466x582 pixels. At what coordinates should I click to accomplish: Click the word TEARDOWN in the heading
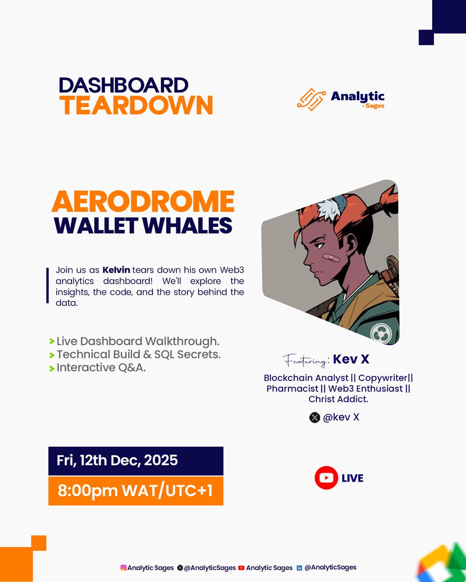tap(136, 105)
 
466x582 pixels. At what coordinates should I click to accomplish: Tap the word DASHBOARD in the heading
tap(123, 85)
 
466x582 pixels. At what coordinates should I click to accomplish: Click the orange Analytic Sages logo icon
tap(311, 99)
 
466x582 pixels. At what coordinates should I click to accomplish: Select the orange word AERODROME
tap(143, 202)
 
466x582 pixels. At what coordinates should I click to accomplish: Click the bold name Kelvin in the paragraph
tap(116, 270)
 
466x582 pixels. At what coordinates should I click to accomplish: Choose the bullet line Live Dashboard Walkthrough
tap(138, 341)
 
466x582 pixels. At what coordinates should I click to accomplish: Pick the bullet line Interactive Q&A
tap(101, 368)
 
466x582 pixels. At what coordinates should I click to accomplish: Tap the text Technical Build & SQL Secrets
tap(138, 355)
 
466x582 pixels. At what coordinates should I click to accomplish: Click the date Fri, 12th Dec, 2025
tap(117, 460)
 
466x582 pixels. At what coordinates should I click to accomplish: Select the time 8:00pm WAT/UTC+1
tap(135, 491)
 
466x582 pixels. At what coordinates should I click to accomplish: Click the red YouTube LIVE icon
tap(326, 478)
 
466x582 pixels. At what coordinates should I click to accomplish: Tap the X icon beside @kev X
tap(315, 417)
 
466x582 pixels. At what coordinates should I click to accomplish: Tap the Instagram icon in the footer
tap(123, 567)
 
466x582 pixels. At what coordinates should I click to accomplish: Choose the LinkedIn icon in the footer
tap(300, 567)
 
